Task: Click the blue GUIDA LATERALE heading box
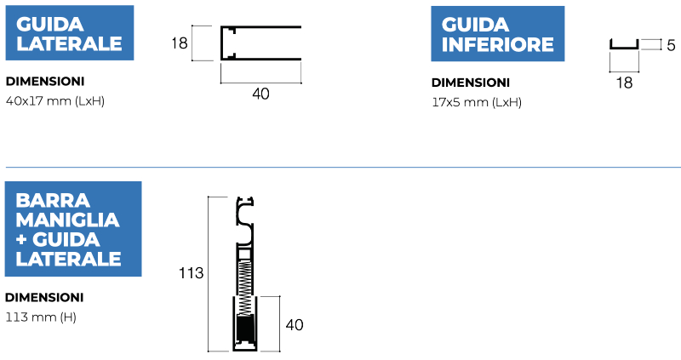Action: (x=70, y=33)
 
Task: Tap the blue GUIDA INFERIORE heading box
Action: (x=498, y=34)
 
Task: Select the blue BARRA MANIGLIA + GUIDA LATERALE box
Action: (x=73, y=229)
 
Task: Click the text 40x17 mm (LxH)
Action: (x=55, y=101)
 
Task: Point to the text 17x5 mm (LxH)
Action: (x=477, y=102)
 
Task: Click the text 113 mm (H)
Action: (x=41, y=317)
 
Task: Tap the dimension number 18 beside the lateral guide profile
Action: (x=180, y=43)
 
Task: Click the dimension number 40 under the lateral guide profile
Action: (x=260, y=94)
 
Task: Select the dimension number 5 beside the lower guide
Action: (x=671, y=45)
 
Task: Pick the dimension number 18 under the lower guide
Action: (x=624, y=83)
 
